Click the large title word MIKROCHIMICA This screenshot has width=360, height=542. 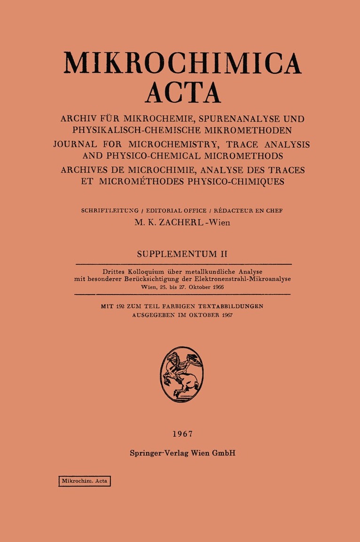pos(182,62)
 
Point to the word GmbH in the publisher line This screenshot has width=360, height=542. pos(223,453)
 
